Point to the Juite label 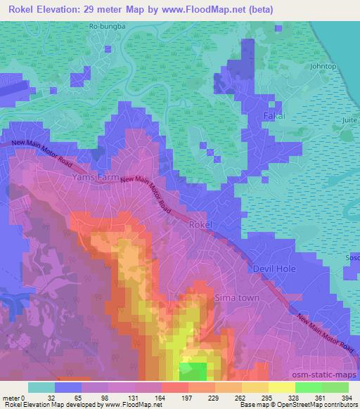coord(349,120)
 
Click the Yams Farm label coord(97,179)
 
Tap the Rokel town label coord(201,224)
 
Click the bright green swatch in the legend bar coord(307,387)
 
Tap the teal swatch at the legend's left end coord(41,387)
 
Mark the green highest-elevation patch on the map coord(193,370)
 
